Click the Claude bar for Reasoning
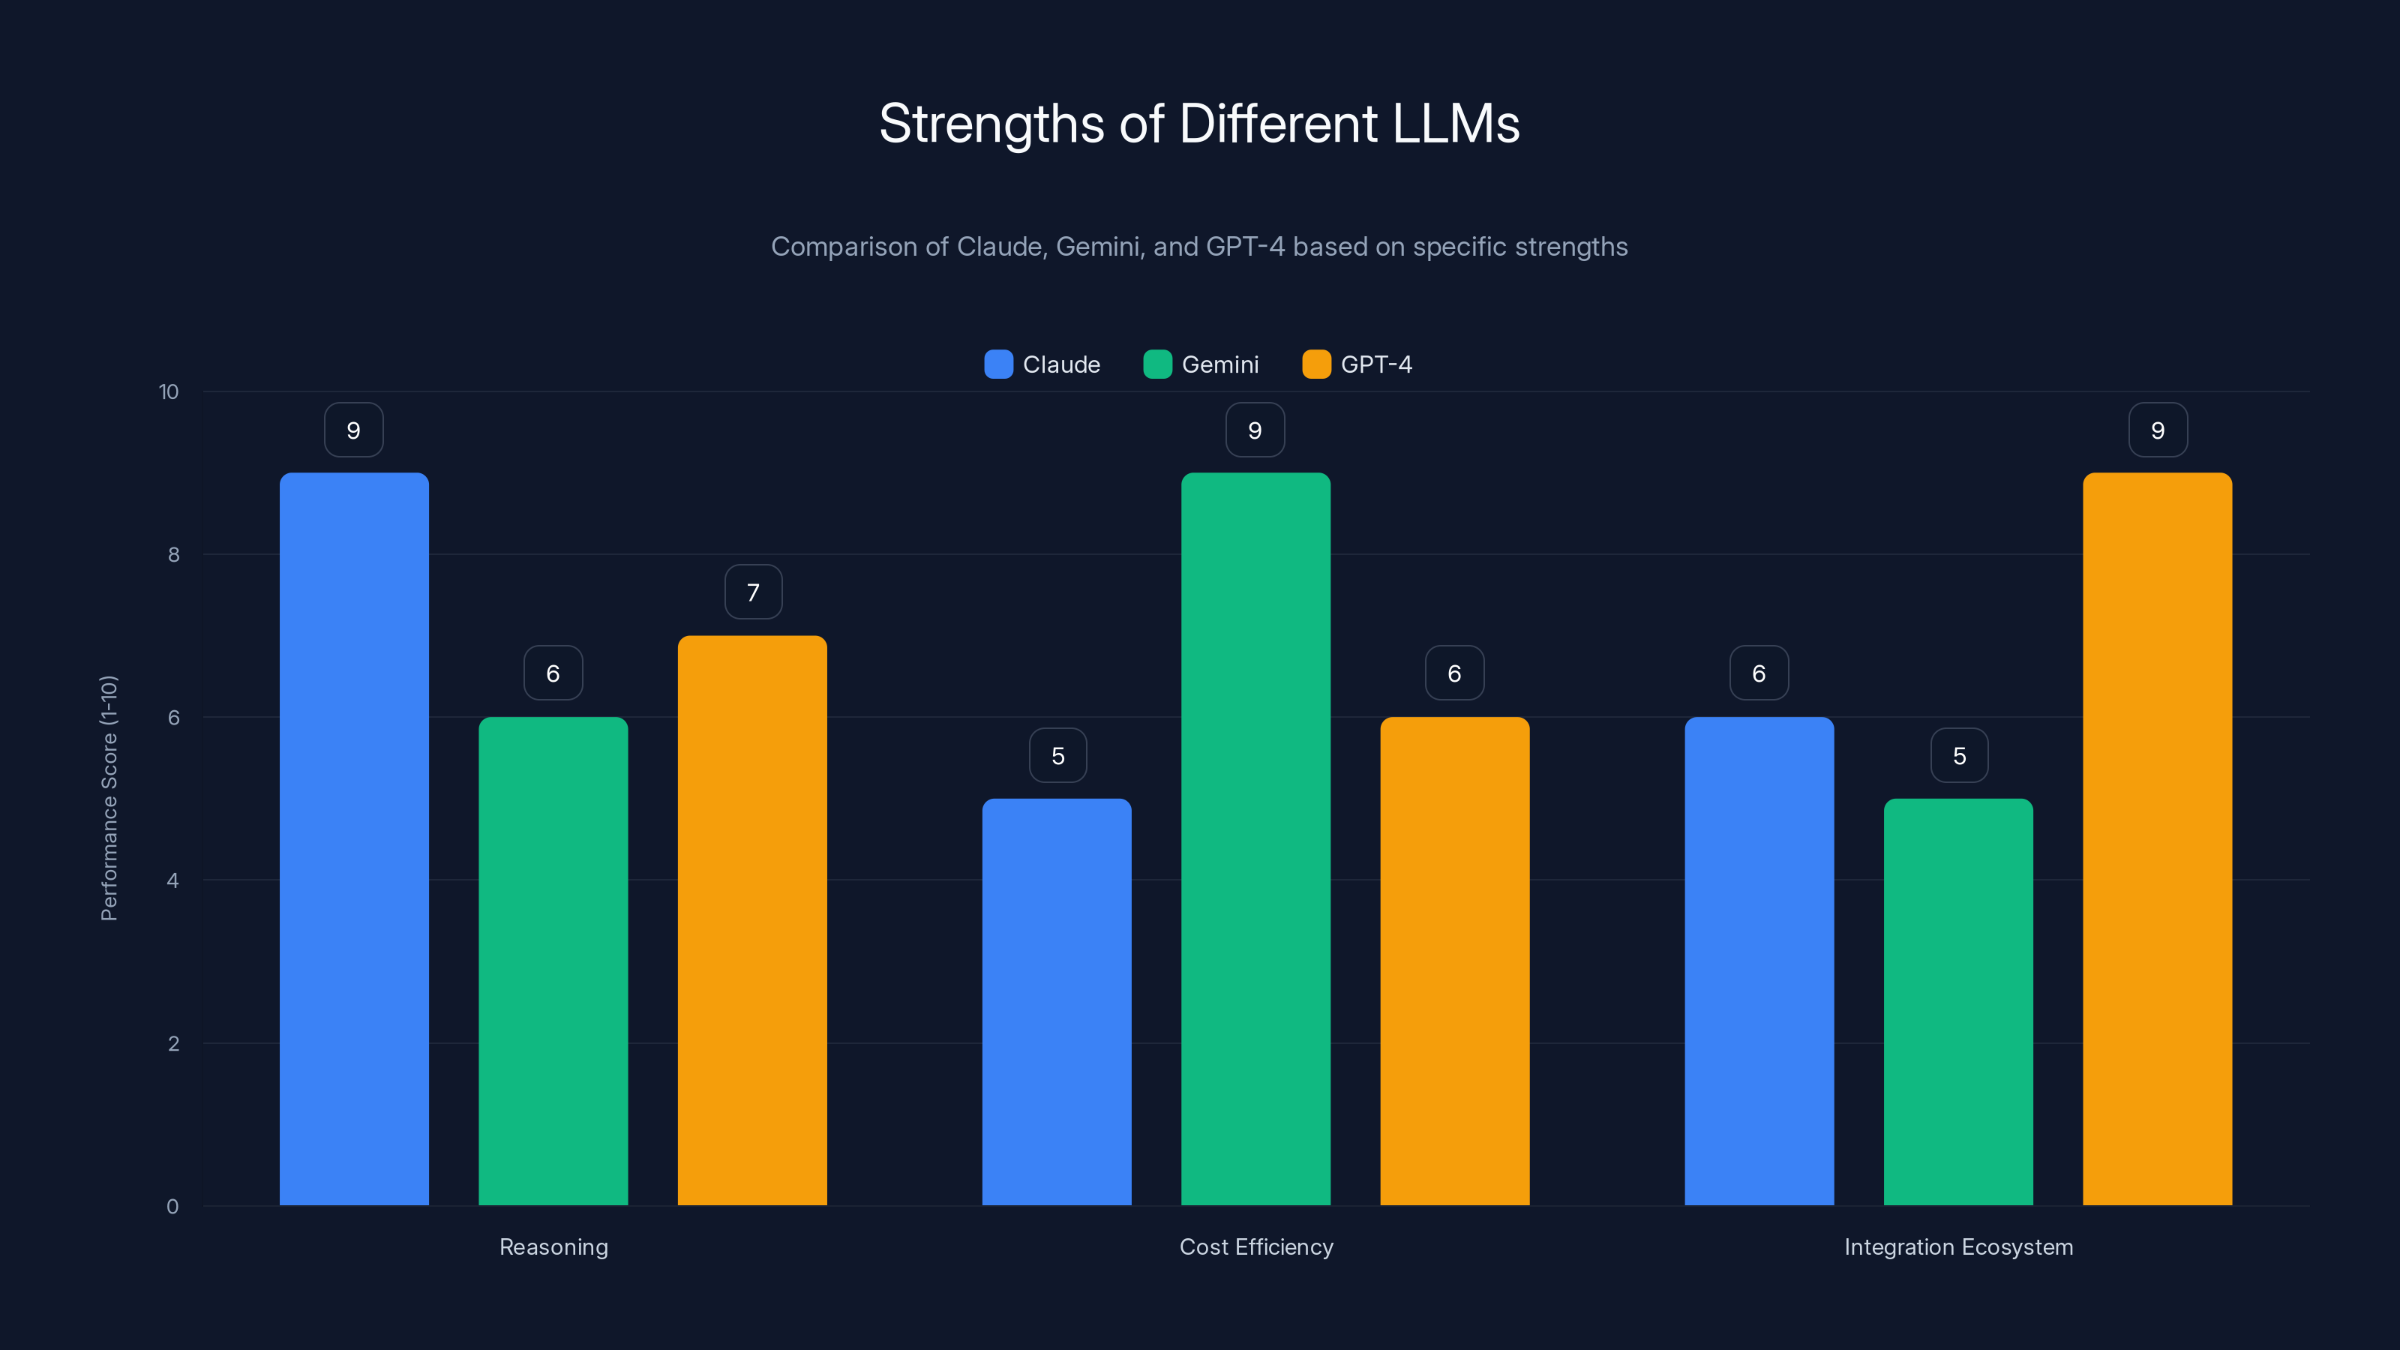click(x=354, y=838)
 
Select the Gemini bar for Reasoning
click(x=553, y=961)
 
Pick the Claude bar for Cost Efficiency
click(x=1057, y=1001)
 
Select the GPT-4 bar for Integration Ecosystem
click(x=2157, y=838)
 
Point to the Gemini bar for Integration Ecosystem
click(x=1958, y=1001)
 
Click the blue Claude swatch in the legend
click(x=997, y=364)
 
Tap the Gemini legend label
click(x=1219, y=364)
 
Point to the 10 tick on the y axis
click(x=169, y=392)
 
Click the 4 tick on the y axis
click(x=172, y=880)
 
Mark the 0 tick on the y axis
click(x=172, y=1207)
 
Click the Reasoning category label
click(x=553, y=1246)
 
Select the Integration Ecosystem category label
click(x=1958, y=1246)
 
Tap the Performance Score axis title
click(x=109, y=799)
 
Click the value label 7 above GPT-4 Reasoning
click(x=753, y=592)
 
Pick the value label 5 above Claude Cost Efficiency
click(x=1057, y=755)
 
